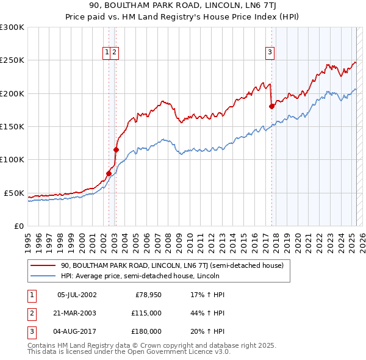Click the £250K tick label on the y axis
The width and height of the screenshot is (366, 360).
pos(12,60)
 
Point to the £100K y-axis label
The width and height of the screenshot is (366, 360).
pos(12,159)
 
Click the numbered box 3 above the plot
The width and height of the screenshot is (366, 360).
pos(269,52)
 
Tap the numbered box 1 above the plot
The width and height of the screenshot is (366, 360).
pos(107,52)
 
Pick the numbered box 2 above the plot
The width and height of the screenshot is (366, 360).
pos(115,52)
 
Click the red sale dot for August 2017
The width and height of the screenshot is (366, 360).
pos(272,107)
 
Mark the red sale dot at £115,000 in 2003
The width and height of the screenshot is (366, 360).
pos(116,149)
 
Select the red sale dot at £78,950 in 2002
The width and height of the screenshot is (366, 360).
pos(109,173)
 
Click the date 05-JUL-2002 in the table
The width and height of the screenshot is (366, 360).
pos(77,295)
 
